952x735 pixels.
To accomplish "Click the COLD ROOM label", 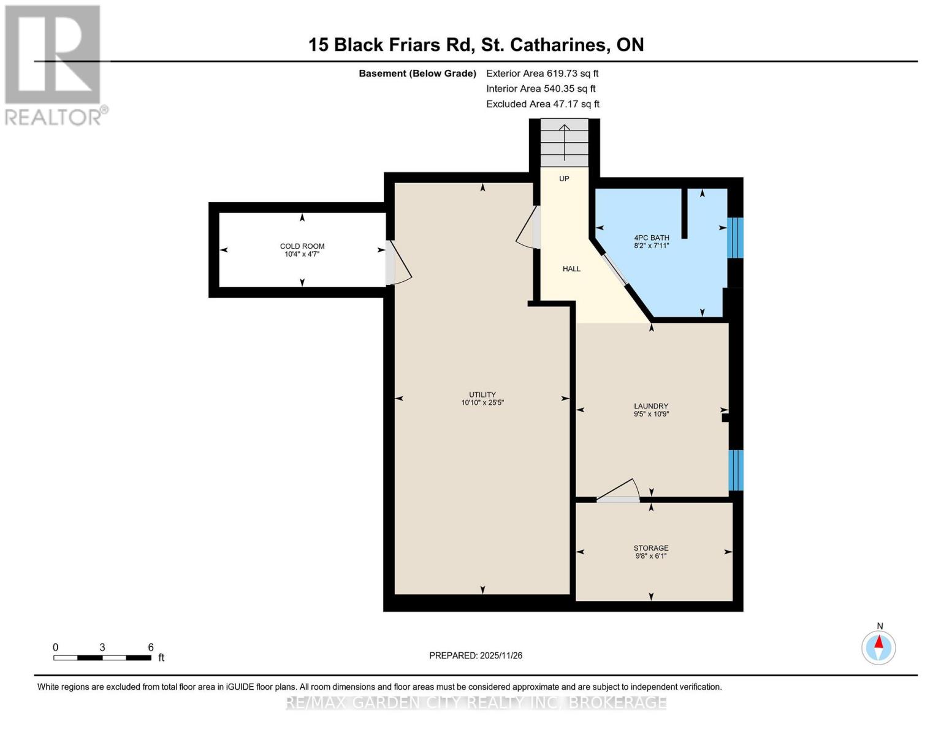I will pyautogui.click(x=302, y=250).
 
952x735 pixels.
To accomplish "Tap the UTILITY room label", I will pyautogui.click(x=482, y=399).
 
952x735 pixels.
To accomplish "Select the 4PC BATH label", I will pyautogui.click(x=651, y=241).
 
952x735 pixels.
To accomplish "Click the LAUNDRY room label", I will pyautogui.click(x=651, y=410).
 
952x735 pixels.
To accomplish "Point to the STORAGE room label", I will pyautogui.click(x=651, y=552).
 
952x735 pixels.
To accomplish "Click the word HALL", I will pyautogui.click(x=571, y=269).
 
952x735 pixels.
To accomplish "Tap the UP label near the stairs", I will pyautogui.click(x=564, y=179).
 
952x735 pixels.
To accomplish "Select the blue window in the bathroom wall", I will pyautogui.click(x=735, y=238).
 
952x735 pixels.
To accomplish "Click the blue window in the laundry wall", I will pyautogui.click(x=736, y=470).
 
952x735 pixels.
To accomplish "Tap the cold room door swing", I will pyautogui.click(x=398, y=265).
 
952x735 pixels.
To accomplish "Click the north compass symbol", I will pyautogui.click(x=878, y=647).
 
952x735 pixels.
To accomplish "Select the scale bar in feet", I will pyautogui.click(x=102, y=657).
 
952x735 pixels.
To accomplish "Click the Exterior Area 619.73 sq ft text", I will pyautogui.click(x=542, y=73).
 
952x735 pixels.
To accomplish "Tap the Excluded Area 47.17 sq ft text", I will pyautogui.click(x=543, y=104).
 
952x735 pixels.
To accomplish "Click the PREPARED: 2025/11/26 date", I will pyautogui.click(x=476, y=655).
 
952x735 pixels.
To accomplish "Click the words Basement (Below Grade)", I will pyautogui.click(x=417, y=73).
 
